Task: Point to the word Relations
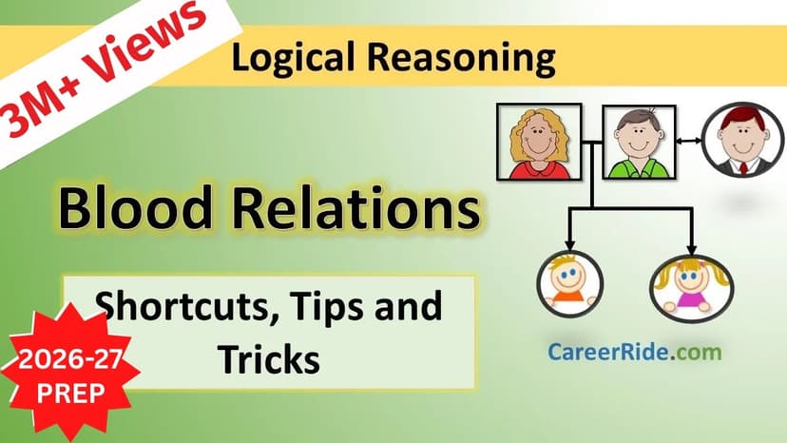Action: click(x=352, y=208)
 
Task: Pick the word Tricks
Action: click(x=268, y=358)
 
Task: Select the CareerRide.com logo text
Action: click(x=634, y=352)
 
